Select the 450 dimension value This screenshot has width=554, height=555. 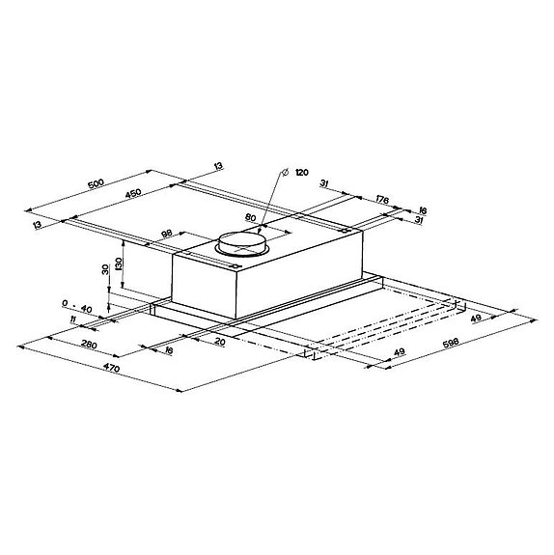(x=132, y=193)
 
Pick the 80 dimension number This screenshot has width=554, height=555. (x=251, y=218)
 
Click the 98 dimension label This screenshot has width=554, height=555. (x=166, y=234)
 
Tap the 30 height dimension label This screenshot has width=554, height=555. (x=104, y=271)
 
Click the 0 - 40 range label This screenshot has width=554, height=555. (x=75, y=308)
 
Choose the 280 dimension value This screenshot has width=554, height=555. (x=89, y=346)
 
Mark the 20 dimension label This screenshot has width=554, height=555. (x=221, y=342)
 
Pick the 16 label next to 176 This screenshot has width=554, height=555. (x=422, y=209)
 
